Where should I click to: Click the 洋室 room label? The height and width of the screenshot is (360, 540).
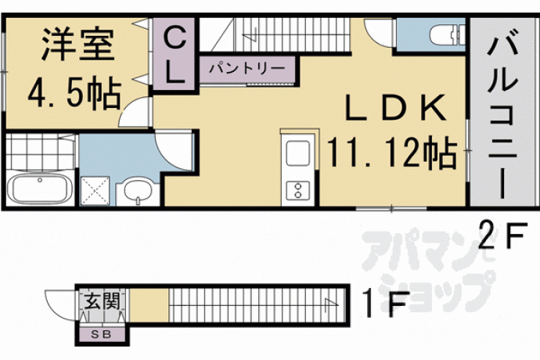[78, 44]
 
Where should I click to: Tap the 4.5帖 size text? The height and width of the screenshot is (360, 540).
[74, 94]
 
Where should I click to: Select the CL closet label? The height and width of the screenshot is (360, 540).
[175, 55]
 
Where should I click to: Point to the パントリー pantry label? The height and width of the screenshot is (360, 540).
[247, 68]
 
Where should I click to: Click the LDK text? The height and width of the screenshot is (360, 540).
[395, 107]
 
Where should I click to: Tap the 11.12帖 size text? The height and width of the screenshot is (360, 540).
[392, 152]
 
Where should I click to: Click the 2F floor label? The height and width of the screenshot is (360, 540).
[503, 235]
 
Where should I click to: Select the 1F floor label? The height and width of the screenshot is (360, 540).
[386, 304]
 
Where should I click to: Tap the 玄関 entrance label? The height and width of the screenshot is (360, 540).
[103, 301]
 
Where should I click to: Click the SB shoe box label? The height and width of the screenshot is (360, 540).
[101, 334]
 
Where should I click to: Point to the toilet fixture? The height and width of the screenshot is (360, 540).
[448, 34]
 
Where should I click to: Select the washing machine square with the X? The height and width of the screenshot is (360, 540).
[95, 191]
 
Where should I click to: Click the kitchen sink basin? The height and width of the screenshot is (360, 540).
[298, 153]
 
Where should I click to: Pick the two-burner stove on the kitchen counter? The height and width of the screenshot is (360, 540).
[298, 190]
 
